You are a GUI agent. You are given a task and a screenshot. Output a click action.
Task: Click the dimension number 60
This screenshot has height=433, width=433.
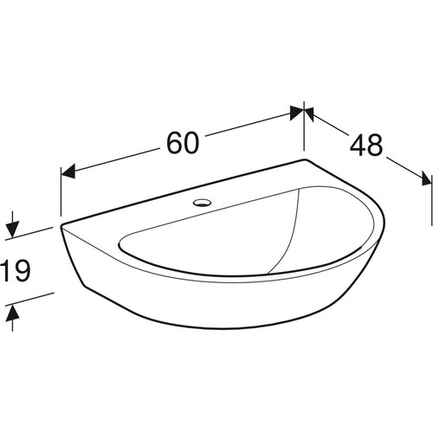tap(183, 143)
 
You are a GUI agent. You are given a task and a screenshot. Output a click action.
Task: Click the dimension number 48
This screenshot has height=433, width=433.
tap(366, 145)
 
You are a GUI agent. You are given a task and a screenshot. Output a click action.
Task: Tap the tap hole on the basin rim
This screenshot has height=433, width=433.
tap(202, 203)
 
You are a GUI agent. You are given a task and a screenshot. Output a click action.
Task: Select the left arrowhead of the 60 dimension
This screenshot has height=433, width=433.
tap(68, 171)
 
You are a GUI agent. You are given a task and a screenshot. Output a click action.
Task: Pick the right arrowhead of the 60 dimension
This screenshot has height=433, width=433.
tap(297, 113)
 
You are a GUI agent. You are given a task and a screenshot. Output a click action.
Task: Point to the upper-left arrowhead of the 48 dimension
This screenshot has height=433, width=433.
tap(309, 114)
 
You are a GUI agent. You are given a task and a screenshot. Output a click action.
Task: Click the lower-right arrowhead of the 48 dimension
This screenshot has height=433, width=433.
tap(427, 178)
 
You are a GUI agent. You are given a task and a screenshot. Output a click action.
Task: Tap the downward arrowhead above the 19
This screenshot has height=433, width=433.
tap(12, 229)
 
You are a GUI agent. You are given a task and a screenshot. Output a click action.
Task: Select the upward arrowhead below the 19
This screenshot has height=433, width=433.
tap(12, 313)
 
